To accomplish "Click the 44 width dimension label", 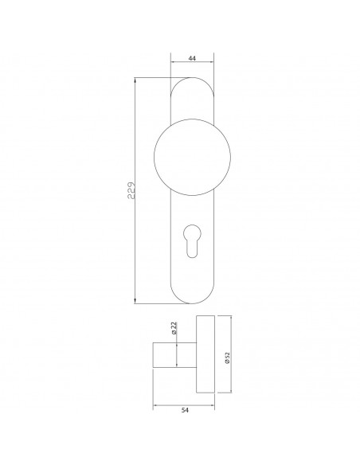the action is [x=192, y=58].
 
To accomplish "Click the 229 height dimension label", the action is [x=131, y=190].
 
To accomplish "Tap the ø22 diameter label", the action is [x=174, y=328].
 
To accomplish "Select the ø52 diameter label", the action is [x=227, y=358].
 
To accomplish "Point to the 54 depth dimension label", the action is [x=185, y=410].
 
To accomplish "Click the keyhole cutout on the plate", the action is [x=192, y=240].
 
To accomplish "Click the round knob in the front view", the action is [x=192, y=157].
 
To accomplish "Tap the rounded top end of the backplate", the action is [x=192, y=78].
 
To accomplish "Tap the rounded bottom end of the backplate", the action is [x=192, y=303].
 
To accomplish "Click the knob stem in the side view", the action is [x=174, y=355].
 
